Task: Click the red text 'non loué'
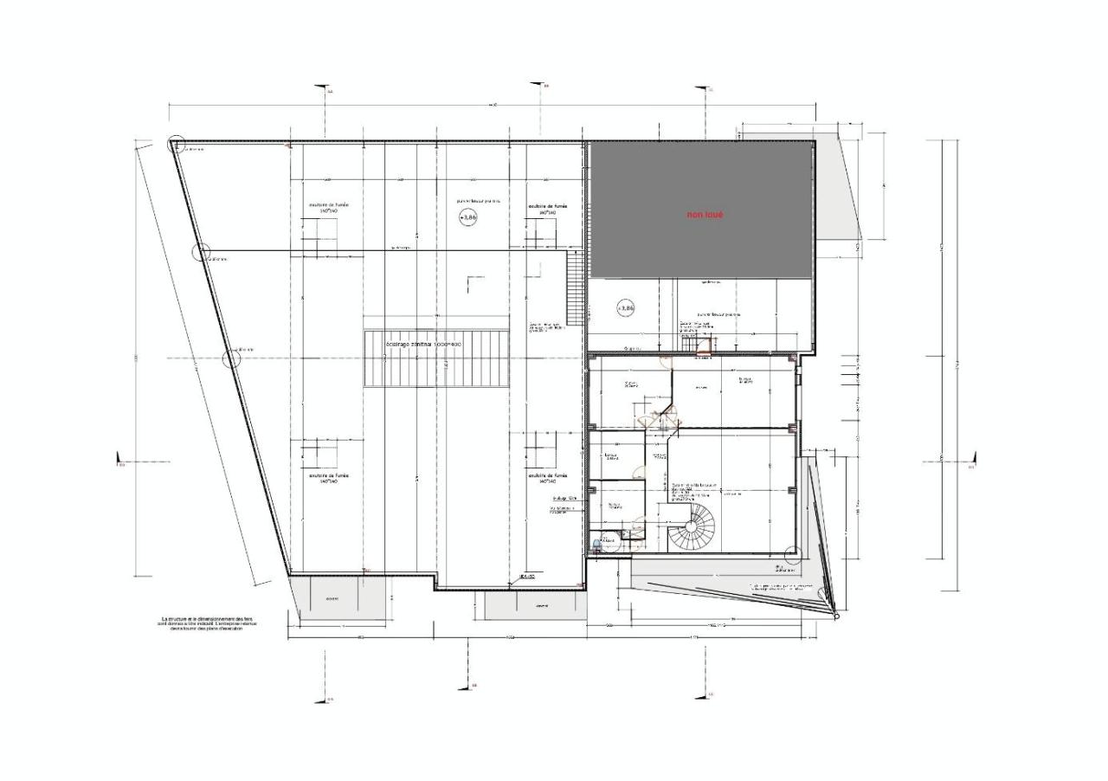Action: (x=704, y=214)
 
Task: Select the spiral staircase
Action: (x=692, y=529)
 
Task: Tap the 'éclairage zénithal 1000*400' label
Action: (x=423, y=345)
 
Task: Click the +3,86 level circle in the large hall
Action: (x=467, y=217)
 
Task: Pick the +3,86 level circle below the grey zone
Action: (x=626, y=307)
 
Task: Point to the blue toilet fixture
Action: (x=596, y=545)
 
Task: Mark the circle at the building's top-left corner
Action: (x=177, y=145)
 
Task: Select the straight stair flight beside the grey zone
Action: (x=572, y=286)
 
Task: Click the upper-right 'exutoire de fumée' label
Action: (x=547, y=209)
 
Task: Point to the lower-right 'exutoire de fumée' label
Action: (x=547, y=478)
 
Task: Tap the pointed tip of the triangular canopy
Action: (x=836, y=616)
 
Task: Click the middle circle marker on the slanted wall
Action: (x=201, y=253)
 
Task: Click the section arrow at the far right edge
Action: (x=973, y=460)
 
